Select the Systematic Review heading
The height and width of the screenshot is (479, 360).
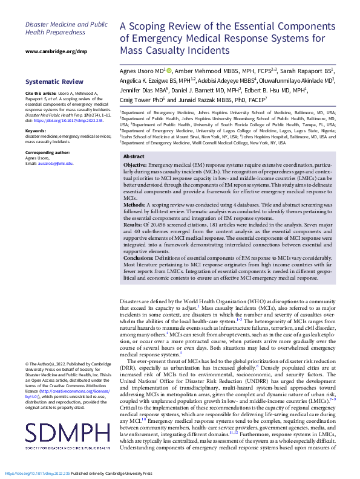click(54, 82)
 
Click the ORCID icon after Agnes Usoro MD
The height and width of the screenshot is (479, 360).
click(169, 71)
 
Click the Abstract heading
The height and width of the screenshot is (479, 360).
click(134, 156)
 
